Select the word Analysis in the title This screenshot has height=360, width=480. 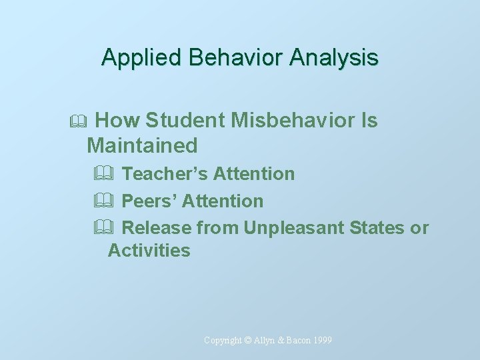click(334, 57)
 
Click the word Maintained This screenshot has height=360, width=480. click(142, 145)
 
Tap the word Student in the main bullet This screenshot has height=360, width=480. click(185, 121)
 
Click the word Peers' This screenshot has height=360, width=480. click(150, 201)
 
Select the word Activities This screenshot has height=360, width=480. click(149, 251)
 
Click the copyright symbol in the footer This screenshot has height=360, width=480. click(248, 341)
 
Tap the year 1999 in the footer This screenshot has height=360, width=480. click(321, 341)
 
